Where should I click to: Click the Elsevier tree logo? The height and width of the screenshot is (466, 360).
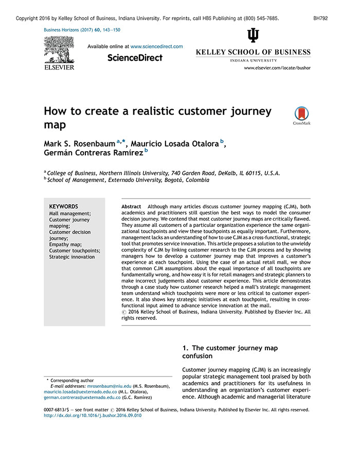(x=59, y=49)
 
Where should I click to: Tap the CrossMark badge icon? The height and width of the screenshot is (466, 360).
(x=302, y=114)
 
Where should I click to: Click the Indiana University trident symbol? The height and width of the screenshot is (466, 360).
(x=253, y=35)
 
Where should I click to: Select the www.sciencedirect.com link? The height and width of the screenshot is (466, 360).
(x=157, y=46)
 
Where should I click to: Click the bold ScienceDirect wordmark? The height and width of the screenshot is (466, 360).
(x=135, y=58)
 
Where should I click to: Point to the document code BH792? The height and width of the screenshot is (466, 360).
(x=320, y=18)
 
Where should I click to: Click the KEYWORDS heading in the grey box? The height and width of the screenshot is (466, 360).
(x=64, y=207)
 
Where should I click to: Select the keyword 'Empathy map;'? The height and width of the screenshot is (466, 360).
(x=65, y=245)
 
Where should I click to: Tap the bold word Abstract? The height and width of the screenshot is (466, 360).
(x=131, y=207)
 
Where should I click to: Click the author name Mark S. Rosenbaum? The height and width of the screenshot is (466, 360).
(x=79, y=144)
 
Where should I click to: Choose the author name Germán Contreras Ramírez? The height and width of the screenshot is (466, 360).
(x=94, y=153)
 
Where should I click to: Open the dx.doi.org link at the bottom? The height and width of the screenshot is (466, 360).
(x=93, y=416)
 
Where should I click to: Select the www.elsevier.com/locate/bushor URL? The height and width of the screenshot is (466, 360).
(x=277, y=68)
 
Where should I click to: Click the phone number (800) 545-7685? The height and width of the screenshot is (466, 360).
(x=261, y=18)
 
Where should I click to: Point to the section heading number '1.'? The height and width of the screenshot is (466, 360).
(x=186, y=348)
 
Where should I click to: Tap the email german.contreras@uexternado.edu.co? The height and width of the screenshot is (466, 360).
(x=82, y=398)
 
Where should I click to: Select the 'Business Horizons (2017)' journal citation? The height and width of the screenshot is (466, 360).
(x=68, y=30)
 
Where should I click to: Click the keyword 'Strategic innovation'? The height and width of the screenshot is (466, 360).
(x=72, y=257)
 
